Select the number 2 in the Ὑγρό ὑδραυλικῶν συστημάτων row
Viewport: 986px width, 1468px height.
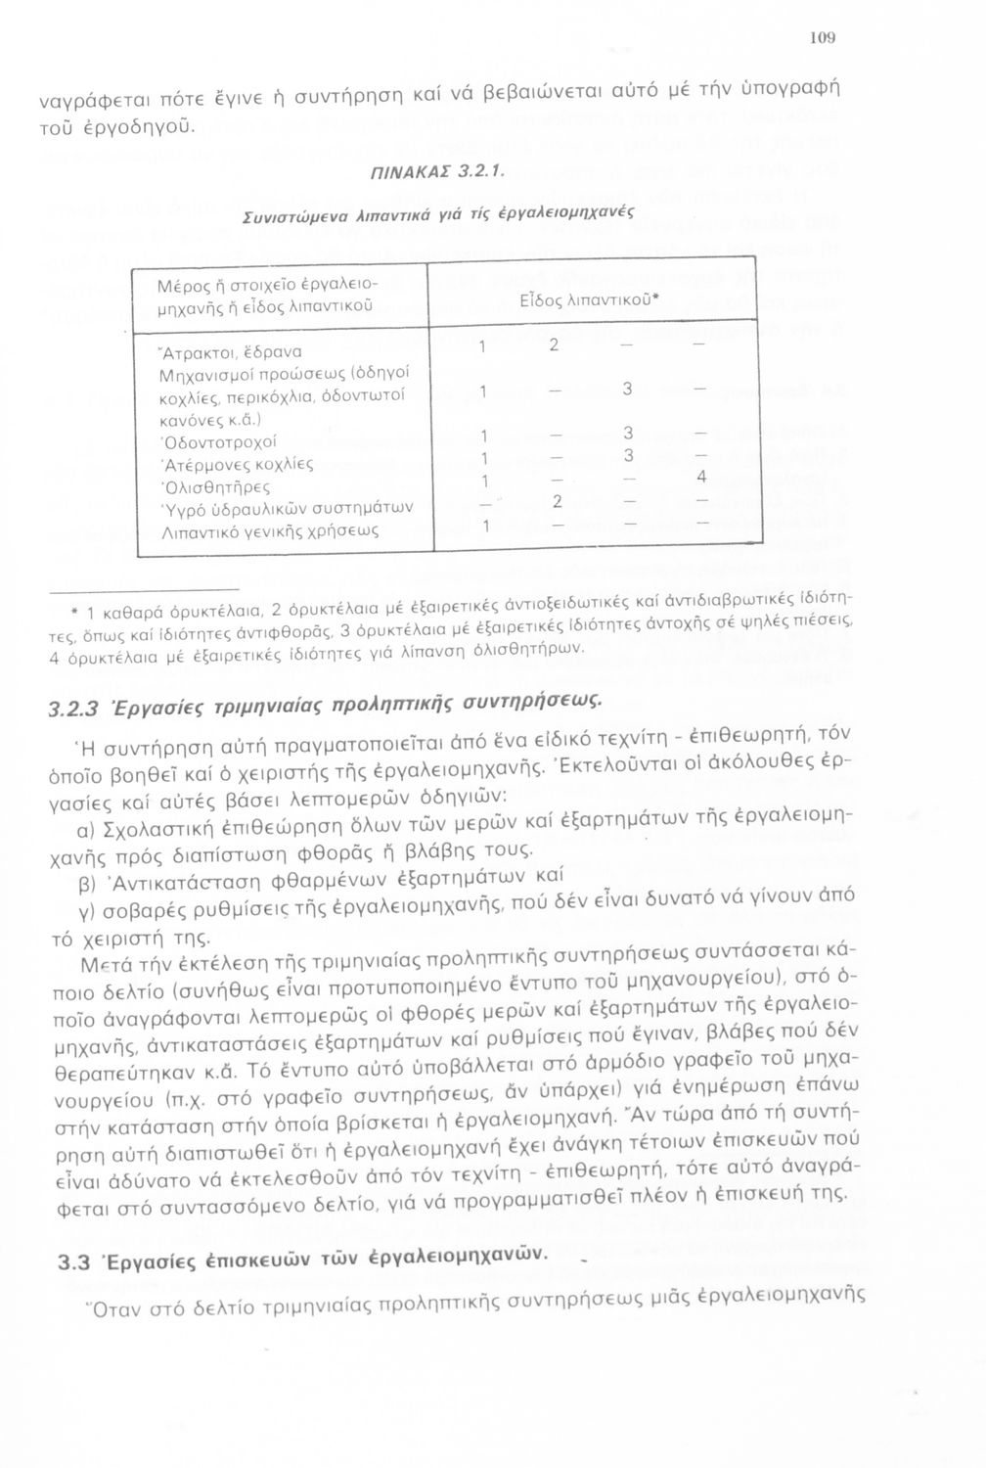click(556, 502)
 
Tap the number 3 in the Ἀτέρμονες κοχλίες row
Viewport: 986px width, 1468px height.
click(629, 456)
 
